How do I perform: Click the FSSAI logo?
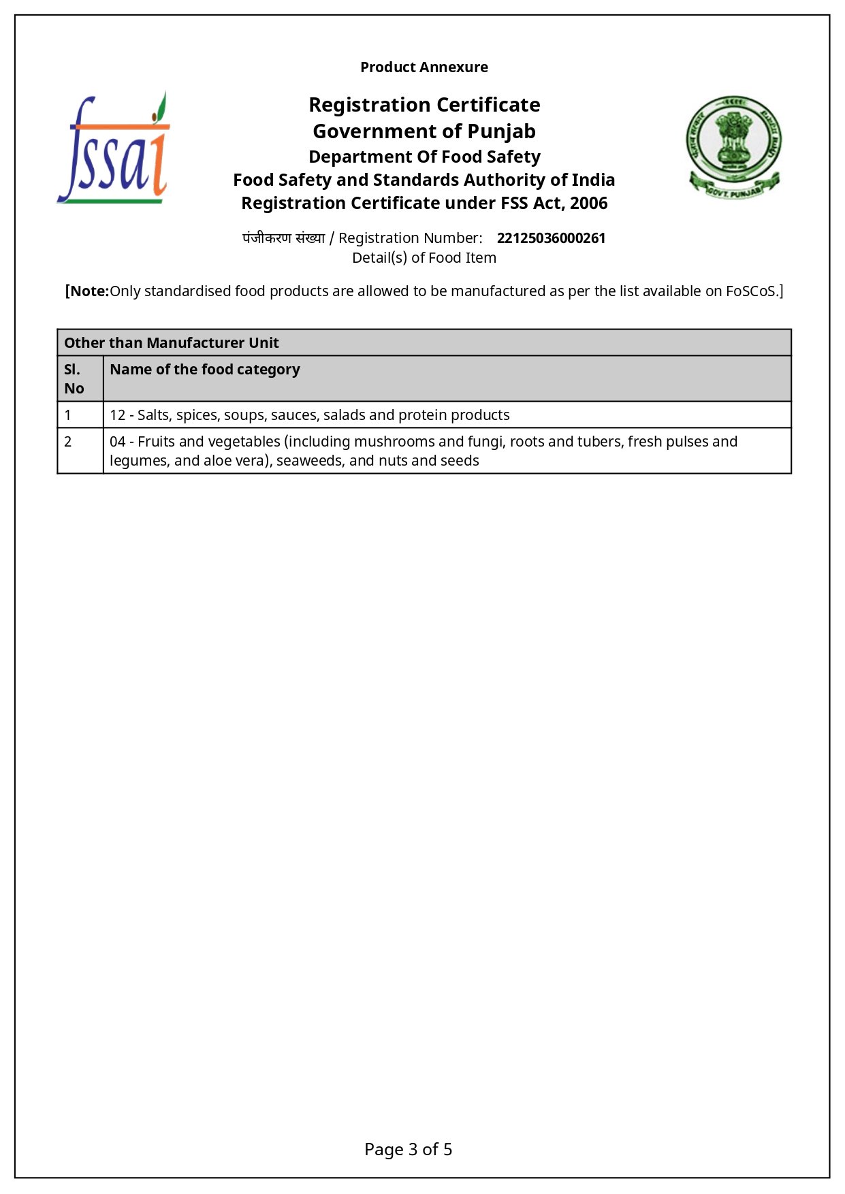tap(114, 148)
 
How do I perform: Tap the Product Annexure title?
tap(424, 67)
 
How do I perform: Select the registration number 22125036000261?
tap(551, 238)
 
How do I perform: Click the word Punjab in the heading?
tap(501, 131)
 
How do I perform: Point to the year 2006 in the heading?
tap(589, 204)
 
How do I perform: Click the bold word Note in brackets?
tap(89, 291)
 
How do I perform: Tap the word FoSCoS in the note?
tap(750, 291)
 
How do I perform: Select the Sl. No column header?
tap(74, 378)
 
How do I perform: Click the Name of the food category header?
tap(205, 370)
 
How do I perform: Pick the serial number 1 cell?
tap(68, 415)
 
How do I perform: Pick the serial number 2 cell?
tap(68, 442)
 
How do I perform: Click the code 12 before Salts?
tap(117, 415)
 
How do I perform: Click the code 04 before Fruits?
tap(117, 442)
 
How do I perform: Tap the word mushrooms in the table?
tap(394, 442)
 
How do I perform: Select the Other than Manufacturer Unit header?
tap(172, 343)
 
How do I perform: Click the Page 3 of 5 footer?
tap(409, 1150)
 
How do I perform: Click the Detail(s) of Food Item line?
tap(424, 258)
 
